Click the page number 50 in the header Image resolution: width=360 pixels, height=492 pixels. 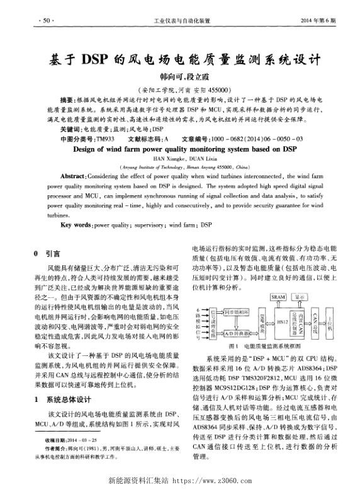45,21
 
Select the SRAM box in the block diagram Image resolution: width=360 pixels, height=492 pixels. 278,295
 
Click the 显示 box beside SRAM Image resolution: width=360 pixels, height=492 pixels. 301,295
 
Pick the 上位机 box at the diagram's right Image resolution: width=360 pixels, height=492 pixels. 330,322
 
